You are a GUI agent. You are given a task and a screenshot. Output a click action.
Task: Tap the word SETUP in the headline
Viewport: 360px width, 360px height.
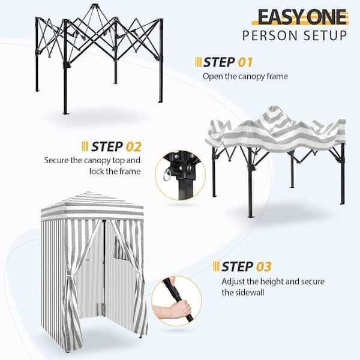tap(325, 35)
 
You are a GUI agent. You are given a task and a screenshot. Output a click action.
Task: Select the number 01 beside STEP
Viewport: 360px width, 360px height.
tap(245, 62)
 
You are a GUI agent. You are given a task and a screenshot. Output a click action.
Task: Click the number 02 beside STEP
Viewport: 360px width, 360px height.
tap(134, 146)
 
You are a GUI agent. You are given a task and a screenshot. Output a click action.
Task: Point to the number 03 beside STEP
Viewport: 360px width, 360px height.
tap(264, 266)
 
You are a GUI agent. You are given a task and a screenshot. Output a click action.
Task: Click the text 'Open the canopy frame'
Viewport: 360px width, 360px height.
tap(245, 76)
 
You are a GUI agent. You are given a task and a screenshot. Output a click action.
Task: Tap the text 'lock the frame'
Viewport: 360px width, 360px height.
tap(115, 171)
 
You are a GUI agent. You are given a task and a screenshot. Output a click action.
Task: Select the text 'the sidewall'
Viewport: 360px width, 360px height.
tap(243, 293)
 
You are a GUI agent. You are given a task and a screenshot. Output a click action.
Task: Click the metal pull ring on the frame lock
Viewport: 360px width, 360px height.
tap(166, 175)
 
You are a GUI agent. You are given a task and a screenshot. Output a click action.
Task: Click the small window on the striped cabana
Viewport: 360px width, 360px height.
tap(119, 248)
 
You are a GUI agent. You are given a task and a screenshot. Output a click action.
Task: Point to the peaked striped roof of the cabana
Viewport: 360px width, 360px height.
tap(92, 204)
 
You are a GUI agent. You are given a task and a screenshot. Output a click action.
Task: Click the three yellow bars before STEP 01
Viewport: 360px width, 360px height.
tap(198, 62)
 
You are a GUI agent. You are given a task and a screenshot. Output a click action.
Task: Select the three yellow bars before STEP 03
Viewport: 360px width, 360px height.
tap(216, 266)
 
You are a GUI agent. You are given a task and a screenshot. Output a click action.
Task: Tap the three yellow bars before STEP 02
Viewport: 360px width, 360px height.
tap(85, 146)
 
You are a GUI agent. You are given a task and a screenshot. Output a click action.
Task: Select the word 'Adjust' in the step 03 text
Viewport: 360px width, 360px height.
tap(233, 282)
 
